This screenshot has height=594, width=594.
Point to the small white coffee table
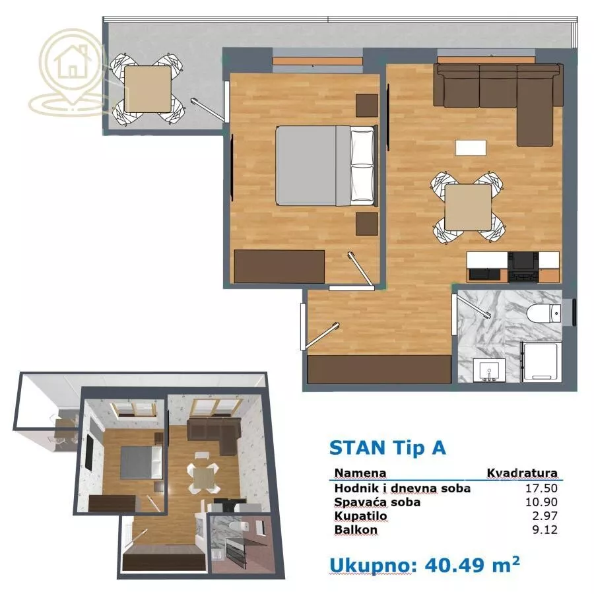click(471, 148)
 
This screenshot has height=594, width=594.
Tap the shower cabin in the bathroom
click(541, 362)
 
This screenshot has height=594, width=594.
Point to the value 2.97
click(546, 516)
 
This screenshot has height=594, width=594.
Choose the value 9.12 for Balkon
click(546, 530)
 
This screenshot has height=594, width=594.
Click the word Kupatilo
click(360, 516)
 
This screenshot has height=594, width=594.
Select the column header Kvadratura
click(522, 473)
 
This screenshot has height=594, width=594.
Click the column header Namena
click(360, 473)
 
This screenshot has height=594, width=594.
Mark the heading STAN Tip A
click(387, 447)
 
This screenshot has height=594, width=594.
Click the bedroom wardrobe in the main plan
click(280, 266)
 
